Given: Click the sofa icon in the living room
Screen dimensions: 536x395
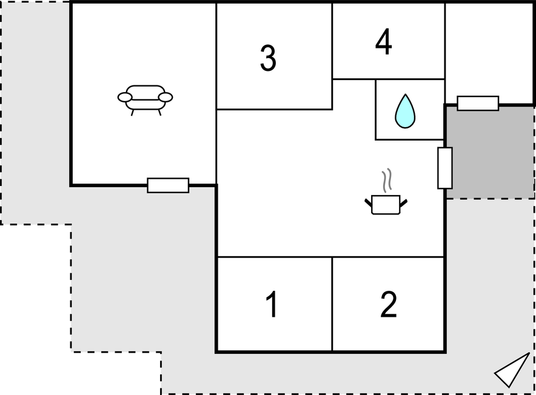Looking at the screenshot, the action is (x=146, y=100).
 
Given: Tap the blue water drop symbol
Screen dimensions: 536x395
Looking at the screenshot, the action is (x=405, y=111).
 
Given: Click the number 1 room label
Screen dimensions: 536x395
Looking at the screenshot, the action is (x=272, y=305).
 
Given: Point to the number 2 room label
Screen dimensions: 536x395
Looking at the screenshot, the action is (x=389, y=305).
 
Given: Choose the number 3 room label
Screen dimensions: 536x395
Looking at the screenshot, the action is (x=268, y=58).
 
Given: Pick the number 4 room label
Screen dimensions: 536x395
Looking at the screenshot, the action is (x=383, y=41).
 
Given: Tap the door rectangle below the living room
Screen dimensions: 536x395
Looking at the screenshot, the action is (x=168, y=185).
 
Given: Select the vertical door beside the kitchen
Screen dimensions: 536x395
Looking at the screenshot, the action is (x=445, y=168).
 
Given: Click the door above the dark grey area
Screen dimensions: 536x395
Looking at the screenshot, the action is (x=478, y=103).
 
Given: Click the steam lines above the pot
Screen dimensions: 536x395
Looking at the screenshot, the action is (x=387, y=180).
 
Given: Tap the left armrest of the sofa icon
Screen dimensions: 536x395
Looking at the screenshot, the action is (x=125, y=98).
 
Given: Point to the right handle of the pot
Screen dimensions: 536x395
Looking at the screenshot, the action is (x=403, y=203).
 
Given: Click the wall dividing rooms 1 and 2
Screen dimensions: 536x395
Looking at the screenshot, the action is (x=332, y=304).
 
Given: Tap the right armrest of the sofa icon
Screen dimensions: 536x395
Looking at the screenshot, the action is (x=166, y=98).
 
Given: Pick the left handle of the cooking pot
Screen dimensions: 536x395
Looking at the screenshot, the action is (x=369, y=203).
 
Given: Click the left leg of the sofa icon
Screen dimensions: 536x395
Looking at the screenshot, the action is (x=133, y=113).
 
